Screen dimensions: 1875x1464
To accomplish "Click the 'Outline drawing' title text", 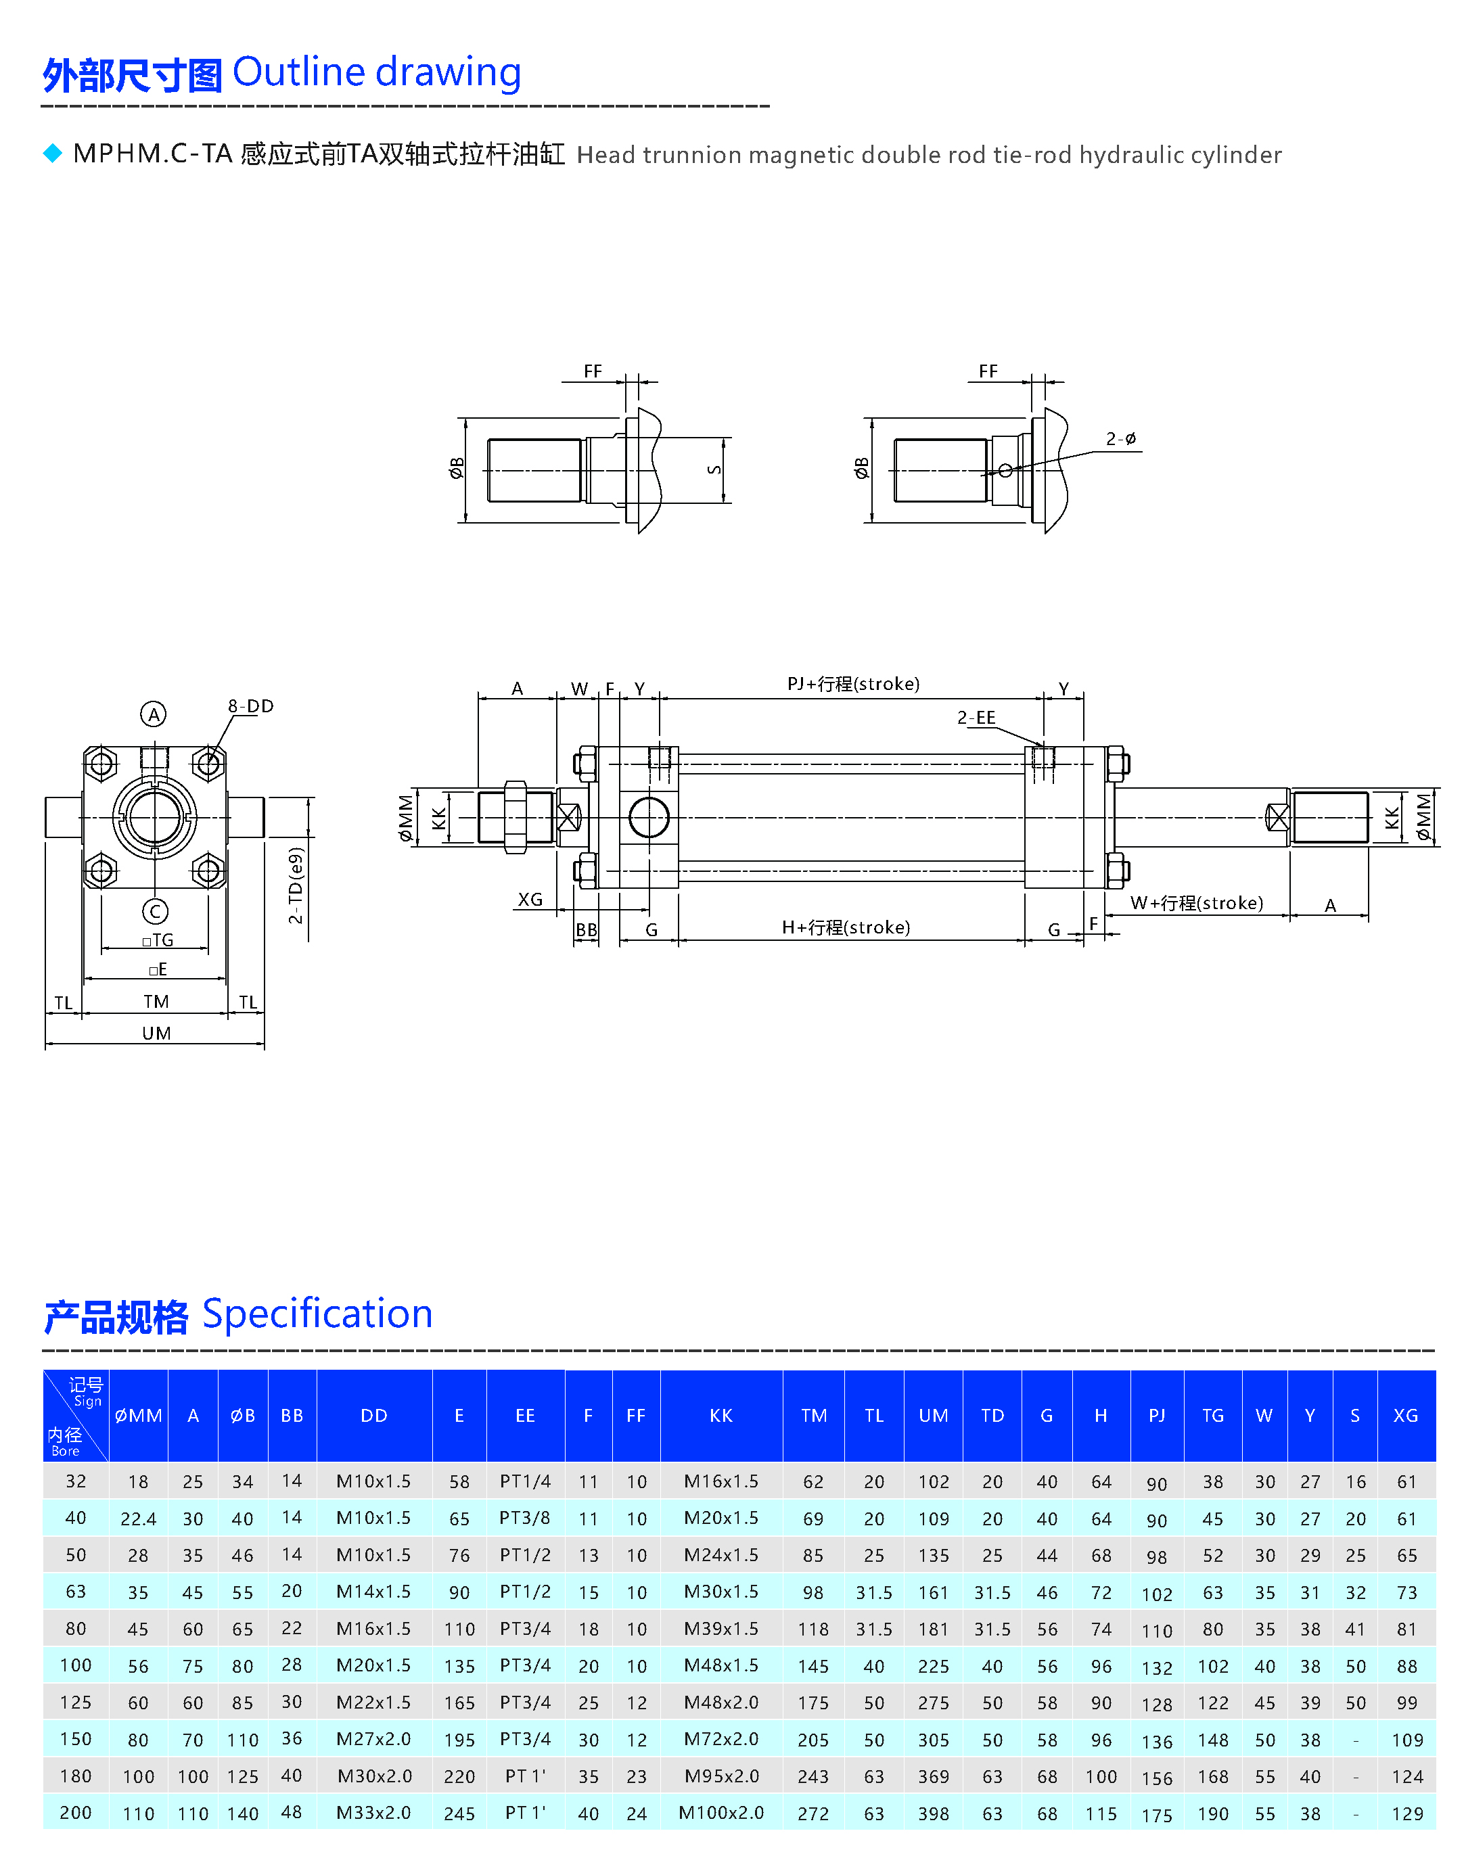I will (376, 72).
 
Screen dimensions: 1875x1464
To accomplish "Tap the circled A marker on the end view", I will (153, 714).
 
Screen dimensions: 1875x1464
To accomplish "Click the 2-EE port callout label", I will (976, 717).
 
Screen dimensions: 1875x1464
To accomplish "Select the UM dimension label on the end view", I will (156, 1033).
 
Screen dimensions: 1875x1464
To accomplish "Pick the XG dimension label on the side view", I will (530, 899).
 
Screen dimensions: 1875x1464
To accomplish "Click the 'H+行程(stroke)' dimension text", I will (846, 927).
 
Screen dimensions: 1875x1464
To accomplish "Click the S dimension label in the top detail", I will (714, 469).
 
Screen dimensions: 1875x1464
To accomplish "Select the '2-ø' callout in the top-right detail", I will (1120, 439).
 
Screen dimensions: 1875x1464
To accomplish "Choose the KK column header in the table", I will (720, 1416).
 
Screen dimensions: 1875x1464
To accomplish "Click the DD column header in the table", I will (373, 1416).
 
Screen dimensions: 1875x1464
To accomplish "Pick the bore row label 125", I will (76, 1703).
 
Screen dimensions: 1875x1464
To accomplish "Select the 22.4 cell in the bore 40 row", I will (138, 1519).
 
